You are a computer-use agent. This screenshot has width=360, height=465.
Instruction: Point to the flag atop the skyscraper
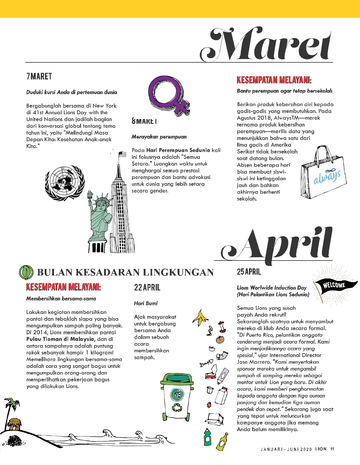[122, 154]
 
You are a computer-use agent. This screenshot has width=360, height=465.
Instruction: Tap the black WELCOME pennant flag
[334, 285]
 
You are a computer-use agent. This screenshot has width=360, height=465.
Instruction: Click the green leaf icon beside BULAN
[26, 272]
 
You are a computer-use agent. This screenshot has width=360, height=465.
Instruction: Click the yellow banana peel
[200, 318]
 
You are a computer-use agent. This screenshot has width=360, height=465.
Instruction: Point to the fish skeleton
[206, 363]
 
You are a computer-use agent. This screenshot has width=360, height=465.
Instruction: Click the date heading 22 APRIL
[147, 288]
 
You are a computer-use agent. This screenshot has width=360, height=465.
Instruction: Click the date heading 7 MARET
[39, 76]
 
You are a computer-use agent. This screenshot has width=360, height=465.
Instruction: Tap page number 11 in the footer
[332, 449]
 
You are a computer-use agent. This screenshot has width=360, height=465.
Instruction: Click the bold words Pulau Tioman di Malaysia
[60, 339]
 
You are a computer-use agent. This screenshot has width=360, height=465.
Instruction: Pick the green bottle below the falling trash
[207, 438]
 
